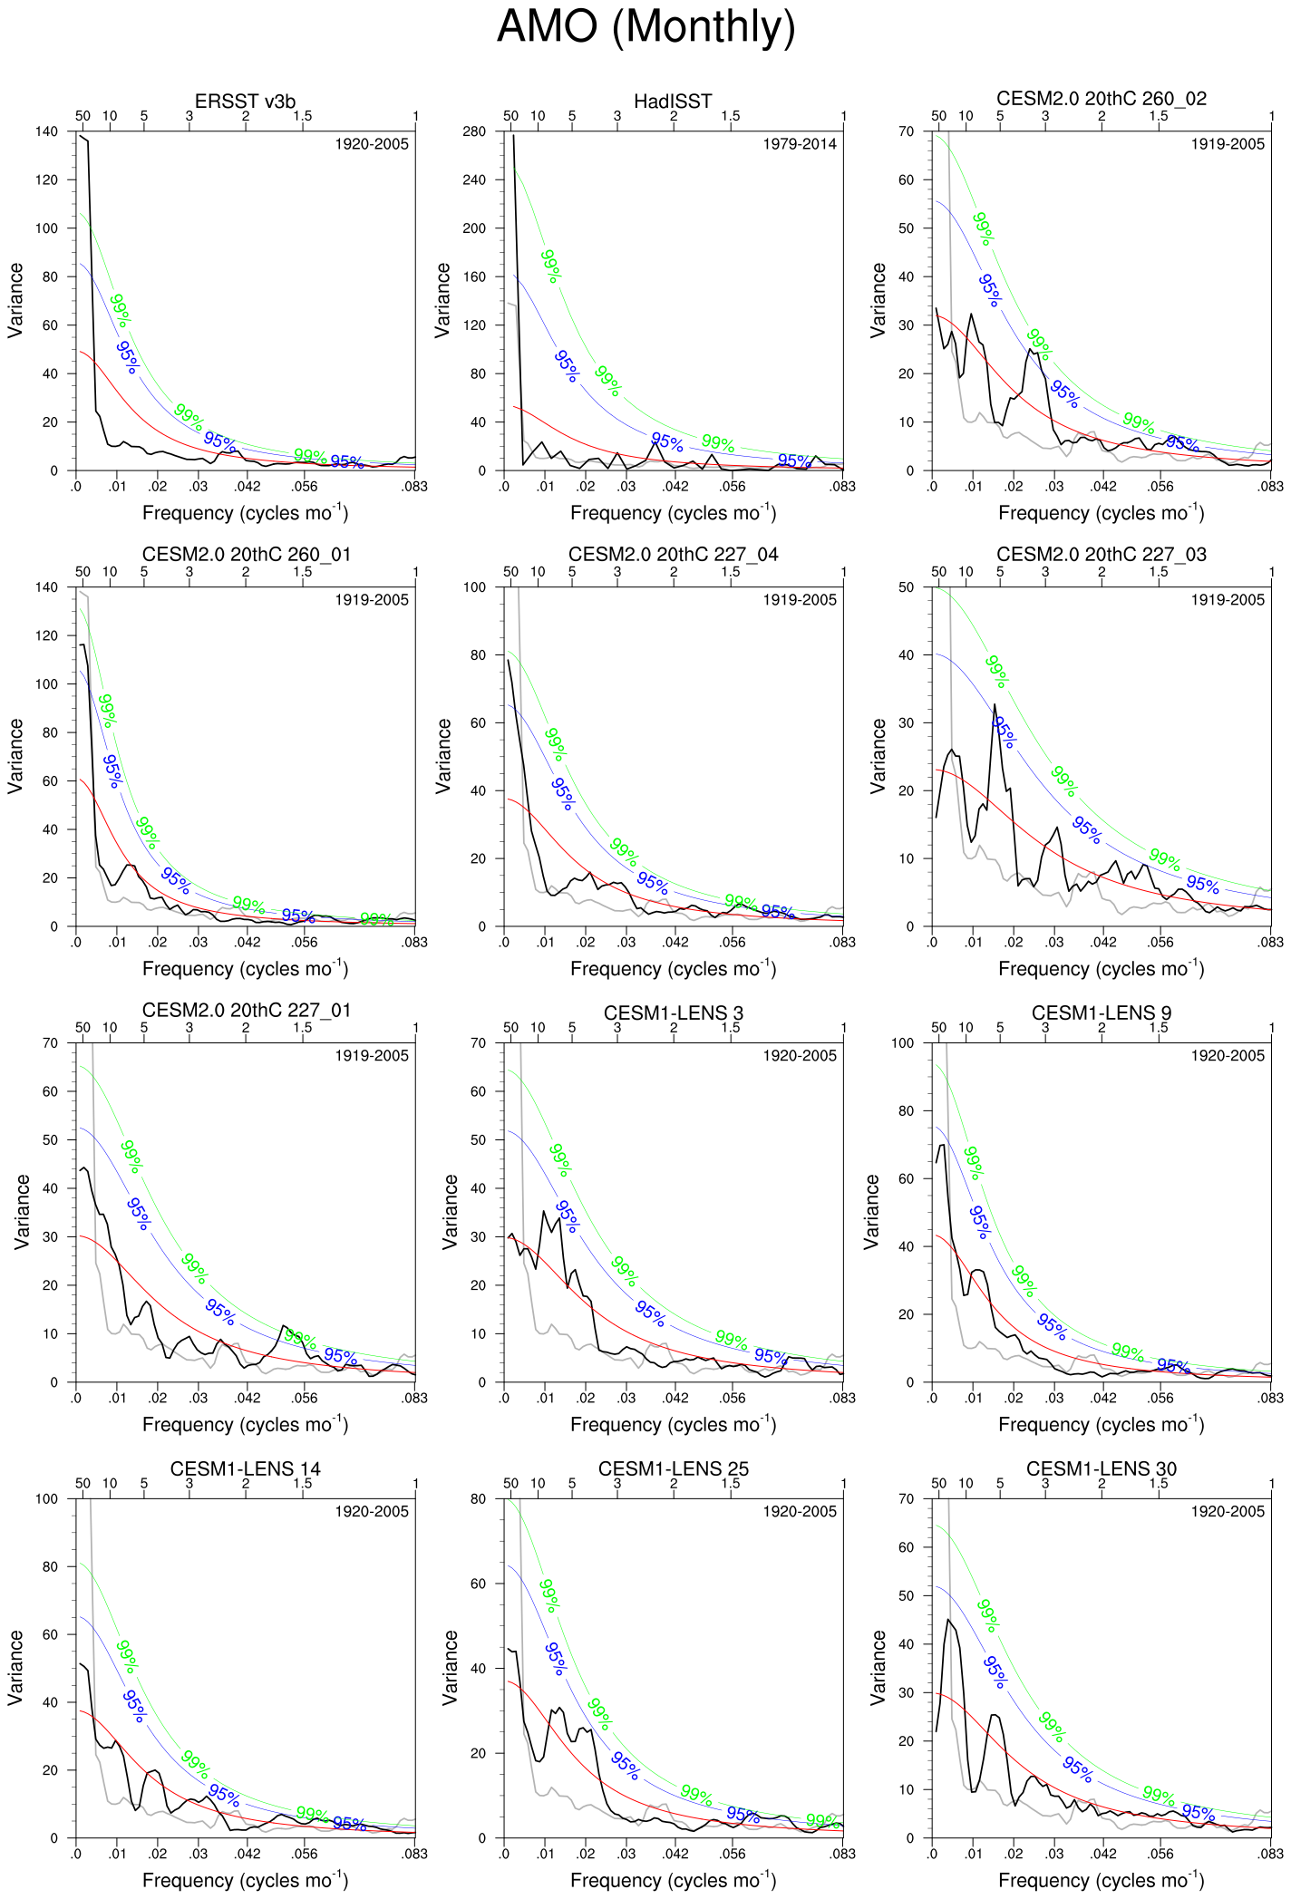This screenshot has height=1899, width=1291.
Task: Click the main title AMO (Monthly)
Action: (645, 27)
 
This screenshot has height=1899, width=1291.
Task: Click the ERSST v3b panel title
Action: (245, 102)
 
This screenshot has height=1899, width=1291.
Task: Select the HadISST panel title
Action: (673, 102)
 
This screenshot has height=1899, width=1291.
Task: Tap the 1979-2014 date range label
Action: (799, 144)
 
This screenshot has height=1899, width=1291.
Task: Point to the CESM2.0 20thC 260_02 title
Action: (1101, 99)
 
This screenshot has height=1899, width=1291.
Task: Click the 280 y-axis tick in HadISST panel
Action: (474, 131)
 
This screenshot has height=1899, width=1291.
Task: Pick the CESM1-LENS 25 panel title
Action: (673, 1468)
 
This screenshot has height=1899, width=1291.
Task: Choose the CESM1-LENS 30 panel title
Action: (1101, 1468)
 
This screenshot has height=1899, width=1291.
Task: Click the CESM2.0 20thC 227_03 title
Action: (1101, 555)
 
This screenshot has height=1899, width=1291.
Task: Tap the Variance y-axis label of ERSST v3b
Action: (15, 300)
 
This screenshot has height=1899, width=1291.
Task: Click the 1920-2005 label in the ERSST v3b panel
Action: (371, 144)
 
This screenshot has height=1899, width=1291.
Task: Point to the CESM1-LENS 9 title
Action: (1101, 1012)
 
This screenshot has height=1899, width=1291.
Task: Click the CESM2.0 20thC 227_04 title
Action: (673, 555)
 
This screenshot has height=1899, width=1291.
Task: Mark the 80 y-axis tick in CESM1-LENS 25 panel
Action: (478, 1498)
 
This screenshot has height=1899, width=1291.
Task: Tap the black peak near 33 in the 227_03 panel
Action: (995, 704)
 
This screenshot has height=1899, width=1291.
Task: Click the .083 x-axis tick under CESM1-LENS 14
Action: (414, 1854)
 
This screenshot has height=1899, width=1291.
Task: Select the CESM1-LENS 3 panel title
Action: (673, 1012)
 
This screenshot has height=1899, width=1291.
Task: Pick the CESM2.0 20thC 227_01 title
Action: (245, 1011)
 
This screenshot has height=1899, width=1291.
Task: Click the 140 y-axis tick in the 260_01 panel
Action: (46, 587)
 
